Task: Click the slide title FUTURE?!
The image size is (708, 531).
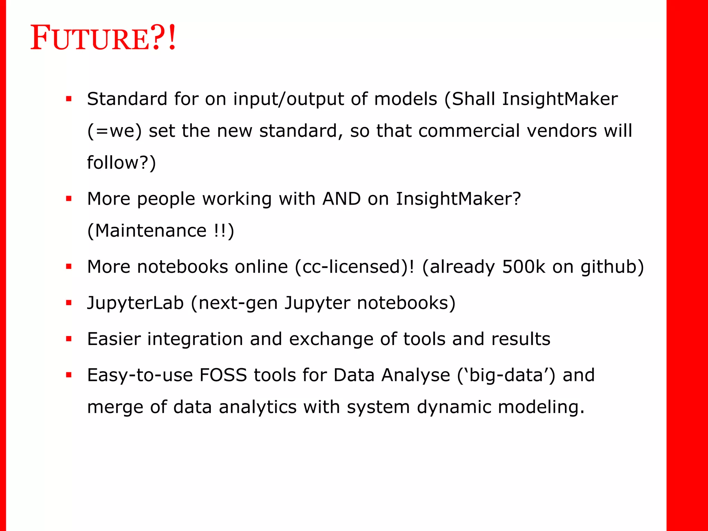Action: pos(103,38)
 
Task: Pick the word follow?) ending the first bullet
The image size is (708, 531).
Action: pos(121,163)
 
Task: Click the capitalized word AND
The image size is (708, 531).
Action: pos(341,199)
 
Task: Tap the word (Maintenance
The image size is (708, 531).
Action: pos(147,231)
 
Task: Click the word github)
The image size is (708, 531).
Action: pos(612,268)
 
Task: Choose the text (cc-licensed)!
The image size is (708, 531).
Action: pos(354,267)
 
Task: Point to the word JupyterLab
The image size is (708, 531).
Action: pos(135,303)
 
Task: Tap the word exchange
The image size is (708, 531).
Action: pos(331,339)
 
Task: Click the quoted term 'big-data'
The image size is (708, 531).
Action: pos(506,376)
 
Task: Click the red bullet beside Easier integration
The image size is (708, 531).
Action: pos(69,339)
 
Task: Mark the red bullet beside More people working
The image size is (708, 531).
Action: pos(69,199)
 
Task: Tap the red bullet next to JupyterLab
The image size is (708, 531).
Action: pos(69,303)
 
